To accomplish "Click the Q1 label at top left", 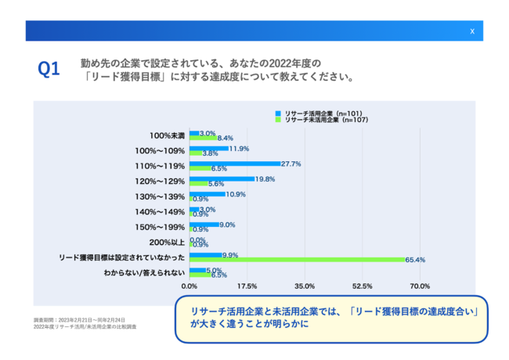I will click(49, 70).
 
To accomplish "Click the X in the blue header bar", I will click(471, 31).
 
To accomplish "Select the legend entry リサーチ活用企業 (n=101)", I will click(320, 113).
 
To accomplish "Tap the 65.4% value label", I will click(415, 259).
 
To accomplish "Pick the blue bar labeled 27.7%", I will click(235, 164).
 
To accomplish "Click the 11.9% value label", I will click(239, 148).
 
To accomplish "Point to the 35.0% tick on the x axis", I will click(304, 286).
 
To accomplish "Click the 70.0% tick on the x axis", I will click(420, 286).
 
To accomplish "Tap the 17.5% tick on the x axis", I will click(247, 286).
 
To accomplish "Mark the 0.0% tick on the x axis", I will click(190, 286).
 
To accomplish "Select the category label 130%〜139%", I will click(161, 196).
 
